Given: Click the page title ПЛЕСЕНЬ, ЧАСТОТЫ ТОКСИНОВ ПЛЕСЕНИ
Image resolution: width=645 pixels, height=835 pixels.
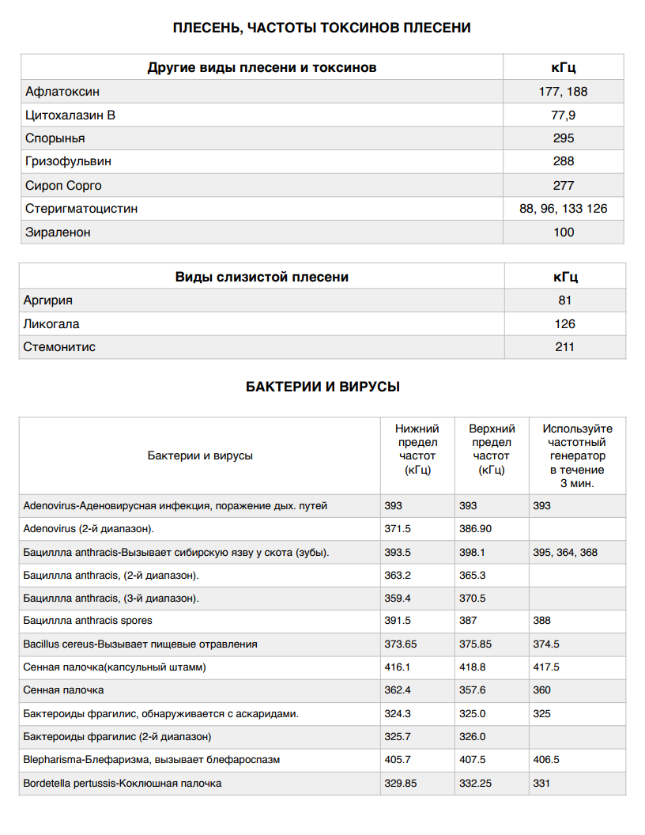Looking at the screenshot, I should click(x=322, y=28).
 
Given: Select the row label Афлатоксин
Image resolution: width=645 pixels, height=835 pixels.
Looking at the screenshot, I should click(x=62, y=92).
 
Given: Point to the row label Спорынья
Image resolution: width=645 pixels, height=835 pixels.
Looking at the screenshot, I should click(x=55, y=138).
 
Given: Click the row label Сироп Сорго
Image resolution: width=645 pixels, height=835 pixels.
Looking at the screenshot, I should click(x=63, y=186).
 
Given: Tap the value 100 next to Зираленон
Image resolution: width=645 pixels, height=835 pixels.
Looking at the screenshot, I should click(x=564, y=232).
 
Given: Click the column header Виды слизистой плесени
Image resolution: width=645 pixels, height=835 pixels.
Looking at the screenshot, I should click(x=261, y=278).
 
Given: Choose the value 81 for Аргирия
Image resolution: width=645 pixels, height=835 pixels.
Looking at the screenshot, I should click(x=564, y=300).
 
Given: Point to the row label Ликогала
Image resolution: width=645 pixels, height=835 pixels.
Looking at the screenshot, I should click(x=51, y=324).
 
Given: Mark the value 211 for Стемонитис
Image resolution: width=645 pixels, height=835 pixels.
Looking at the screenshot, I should click(x=564, y=347).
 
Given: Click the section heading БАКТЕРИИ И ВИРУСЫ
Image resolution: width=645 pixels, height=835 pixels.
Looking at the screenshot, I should click(x=322, y=387).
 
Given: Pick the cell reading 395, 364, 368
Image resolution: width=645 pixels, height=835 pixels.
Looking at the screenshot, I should click(x=565, y=552).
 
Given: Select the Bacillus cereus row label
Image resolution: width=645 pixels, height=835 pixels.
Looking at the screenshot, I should click(x=140, y=644).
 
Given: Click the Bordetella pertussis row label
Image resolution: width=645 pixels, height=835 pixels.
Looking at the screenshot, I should click(x=123, y=784).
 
